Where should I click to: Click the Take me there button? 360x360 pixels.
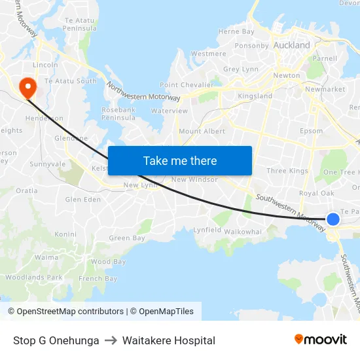point(180,161)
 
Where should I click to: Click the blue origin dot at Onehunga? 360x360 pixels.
point(333,219)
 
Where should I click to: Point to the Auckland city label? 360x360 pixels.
point(292,46)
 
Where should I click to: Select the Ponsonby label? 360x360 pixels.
point(251,46)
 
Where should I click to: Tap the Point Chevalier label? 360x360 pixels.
point(187,85)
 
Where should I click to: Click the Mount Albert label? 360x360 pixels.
point(202,132)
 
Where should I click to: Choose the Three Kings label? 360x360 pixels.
point(287,171)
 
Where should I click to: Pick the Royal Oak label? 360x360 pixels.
point(317,194)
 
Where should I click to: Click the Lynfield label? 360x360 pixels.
point(207,230)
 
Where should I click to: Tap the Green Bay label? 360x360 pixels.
point(127,239)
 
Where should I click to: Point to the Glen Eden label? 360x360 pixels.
point(83,200)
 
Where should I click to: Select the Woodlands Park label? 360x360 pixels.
point(34,278)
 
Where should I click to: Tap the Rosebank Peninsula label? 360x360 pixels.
point(118,114)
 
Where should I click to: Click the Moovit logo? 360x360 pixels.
point(321,339)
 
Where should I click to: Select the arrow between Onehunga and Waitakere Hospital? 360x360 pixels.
point(111,340)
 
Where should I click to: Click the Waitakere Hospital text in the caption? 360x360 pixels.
point(168,340)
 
